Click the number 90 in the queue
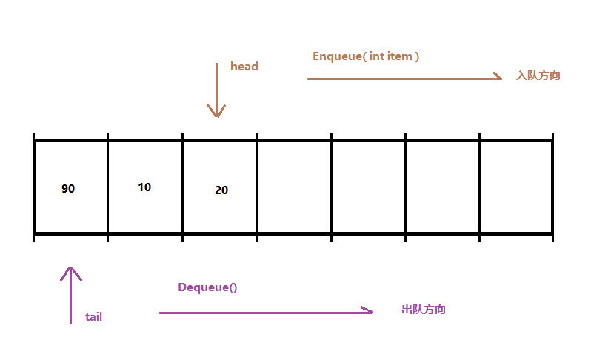pos(68,189)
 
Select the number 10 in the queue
pos(144,187)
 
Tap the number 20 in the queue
pos(221,190)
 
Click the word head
pos(244,67)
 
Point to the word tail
pos(93,317)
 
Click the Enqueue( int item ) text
pos(366,56)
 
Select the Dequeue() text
pos(207,287)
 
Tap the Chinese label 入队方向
pos(538,76)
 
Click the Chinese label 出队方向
pos(424,310)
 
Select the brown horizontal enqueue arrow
pos(404,78)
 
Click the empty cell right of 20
pos(294,187)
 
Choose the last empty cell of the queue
pos(516,187)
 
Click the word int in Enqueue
pos(377,56)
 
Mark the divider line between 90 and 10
pos(108,187)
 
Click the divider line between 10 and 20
pos(182,187)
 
